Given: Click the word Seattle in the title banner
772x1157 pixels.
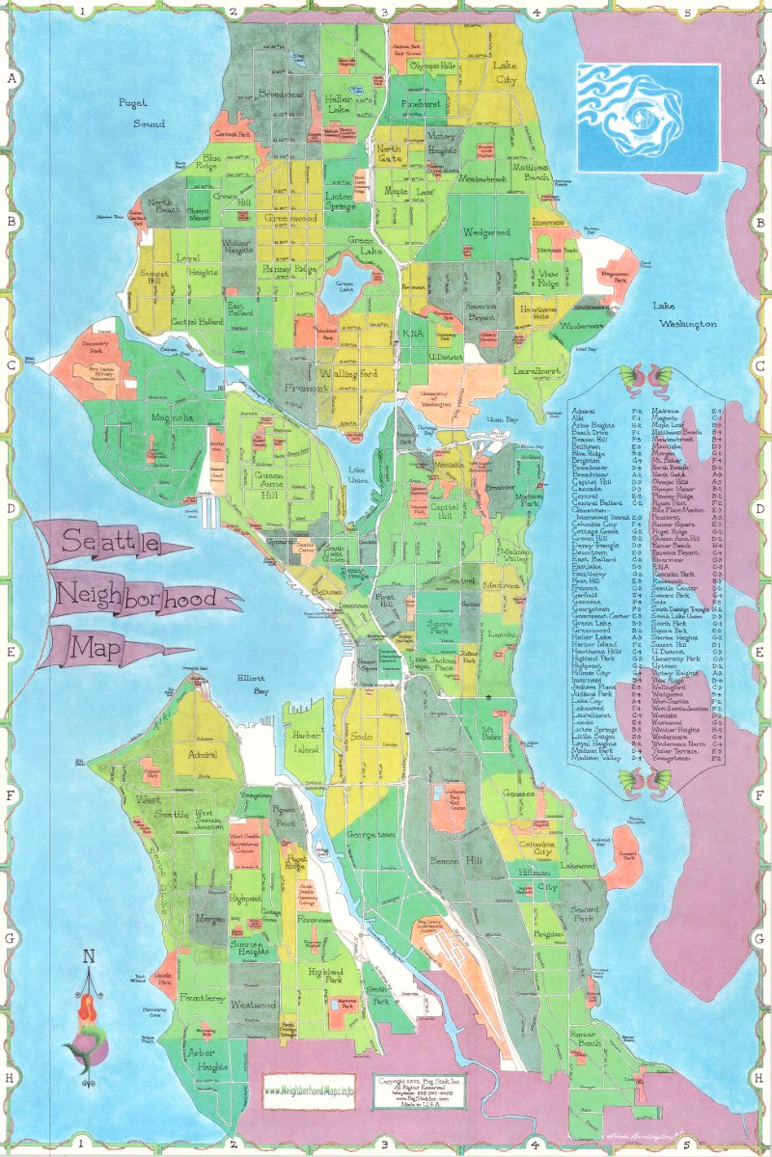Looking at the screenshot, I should tap(110, 545).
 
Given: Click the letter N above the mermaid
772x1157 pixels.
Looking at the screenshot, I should tap(89, 957).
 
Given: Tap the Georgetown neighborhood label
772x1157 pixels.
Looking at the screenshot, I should tap(372, 833).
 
